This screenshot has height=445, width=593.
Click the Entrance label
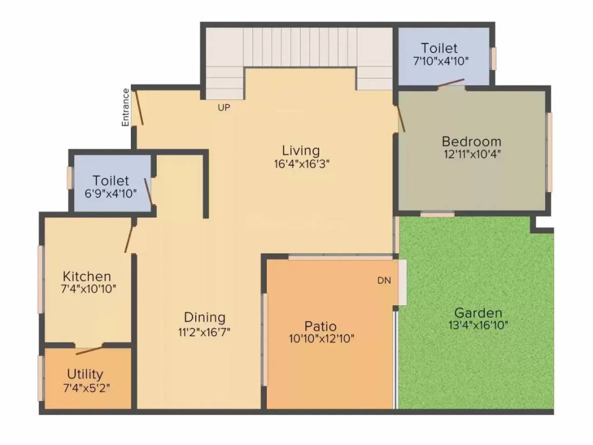(x=126, y=107)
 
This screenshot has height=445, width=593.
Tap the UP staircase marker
(x=224, y=107)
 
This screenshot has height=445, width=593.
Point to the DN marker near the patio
(x=384, y=280)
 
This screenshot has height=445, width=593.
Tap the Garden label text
(x=478, y=313)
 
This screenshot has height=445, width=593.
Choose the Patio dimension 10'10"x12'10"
(x=321, y=338)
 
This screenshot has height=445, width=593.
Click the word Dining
(x=204, y=318)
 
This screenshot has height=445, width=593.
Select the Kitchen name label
(x=87, y=276)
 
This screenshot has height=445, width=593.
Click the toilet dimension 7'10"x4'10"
(x=440, y=60)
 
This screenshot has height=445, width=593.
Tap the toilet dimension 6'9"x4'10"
(x=111, y=194)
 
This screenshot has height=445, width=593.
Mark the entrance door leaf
(x=138, y=108)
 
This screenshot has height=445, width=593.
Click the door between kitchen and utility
(x=89, y=349)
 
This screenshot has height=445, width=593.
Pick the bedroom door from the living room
(x=400, y=118)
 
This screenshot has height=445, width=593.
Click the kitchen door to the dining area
(x=129, y=238)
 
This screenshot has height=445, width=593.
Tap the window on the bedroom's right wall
(x=549, y=152)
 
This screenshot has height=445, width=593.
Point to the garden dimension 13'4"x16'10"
(x=478, y=325)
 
